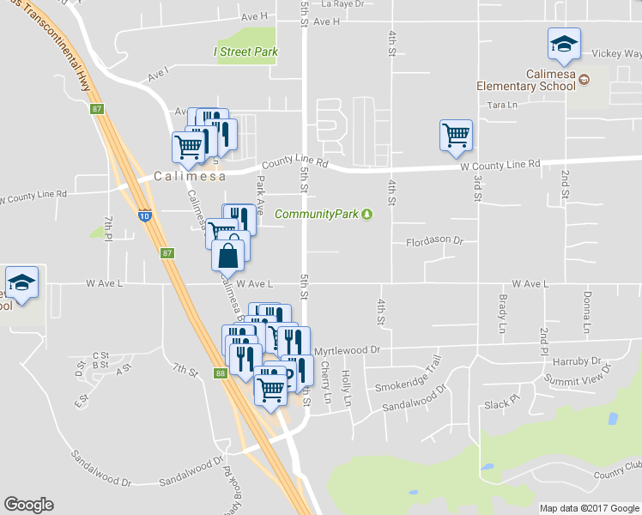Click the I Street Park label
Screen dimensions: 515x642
pyautogui.click(x=245, y=51)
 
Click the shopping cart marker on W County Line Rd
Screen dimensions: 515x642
pyautogui.click(x=455, y=135)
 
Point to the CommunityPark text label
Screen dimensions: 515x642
pyautogui.click(x=317, y=214)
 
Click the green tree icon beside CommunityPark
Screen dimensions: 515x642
pyautogui.click(x=367, y=214)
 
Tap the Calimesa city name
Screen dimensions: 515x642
pyautogui.click(x=190, y=176)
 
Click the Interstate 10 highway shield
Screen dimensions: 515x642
pyautogui.click(x=145, y=217)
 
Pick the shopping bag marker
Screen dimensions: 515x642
pyautogui.click(x=228, y=255)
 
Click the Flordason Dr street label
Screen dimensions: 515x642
pyautogui.click(x=434, y=242)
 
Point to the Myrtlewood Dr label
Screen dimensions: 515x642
pyautogui.click(x=347, y=350)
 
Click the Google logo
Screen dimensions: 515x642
pyautogui.click(x=28, y=505)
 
